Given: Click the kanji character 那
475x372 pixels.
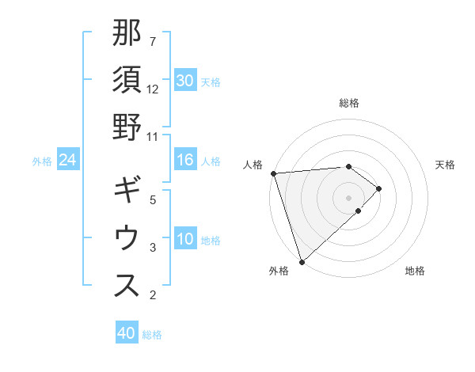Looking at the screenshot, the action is pos(127,33).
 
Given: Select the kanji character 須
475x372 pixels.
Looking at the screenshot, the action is pos(127,80).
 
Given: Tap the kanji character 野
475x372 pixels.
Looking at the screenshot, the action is pos(127,127).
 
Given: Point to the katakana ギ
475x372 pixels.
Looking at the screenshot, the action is pos(127,191).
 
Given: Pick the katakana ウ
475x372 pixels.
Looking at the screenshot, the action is pos(127,238).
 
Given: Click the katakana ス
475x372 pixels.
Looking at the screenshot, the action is pos(127,286).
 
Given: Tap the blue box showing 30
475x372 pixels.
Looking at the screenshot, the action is pos(185,81).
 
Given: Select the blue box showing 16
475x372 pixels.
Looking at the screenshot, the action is pos(185,161).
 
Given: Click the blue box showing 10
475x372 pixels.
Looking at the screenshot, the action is pos(185,240).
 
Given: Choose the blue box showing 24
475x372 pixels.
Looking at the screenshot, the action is pos(68,161).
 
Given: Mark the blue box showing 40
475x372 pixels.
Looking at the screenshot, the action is pos(127,333).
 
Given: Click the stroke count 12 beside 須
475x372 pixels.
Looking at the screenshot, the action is pos(153,89).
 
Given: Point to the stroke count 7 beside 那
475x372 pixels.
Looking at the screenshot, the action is pos(153,41).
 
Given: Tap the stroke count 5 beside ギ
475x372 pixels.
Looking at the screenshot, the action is pos(153,200).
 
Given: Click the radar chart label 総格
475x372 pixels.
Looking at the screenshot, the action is pos(349,103).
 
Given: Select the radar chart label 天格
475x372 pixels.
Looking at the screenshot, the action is pos(446,165).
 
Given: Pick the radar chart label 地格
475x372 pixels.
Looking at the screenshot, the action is pos(415,271).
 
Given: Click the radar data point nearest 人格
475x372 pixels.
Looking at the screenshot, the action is pos(273,173).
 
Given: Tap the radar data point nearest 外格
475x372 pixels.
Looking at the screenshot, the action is pos(302,261).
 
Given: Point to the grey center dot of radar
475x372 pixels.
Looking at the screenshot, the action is pos(349,197).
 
